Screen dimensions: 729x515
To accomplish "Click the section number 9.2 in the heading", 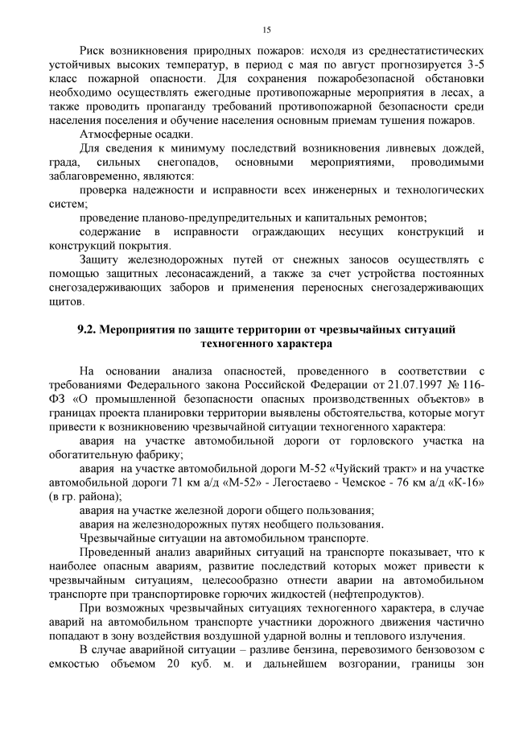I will [x=86, y=330].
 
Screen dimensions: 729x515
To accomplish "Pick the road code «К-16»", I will [x=465, y=482].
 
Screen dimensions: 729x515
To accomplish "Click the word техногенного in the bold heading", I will [x=233, y=344].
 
